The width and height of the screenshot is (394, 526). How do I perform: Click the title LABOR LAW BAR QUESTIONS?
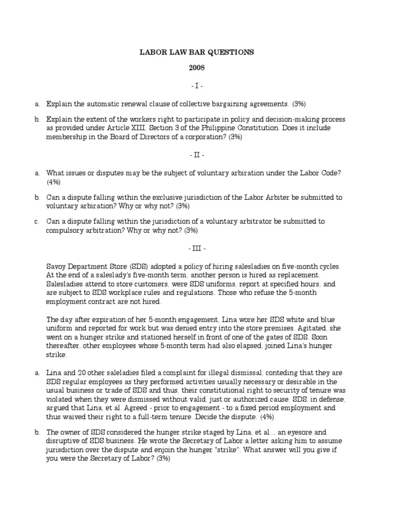tap(197, 52)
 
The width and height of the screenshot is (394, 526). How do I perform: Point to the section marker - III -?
tap(197, 249)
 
